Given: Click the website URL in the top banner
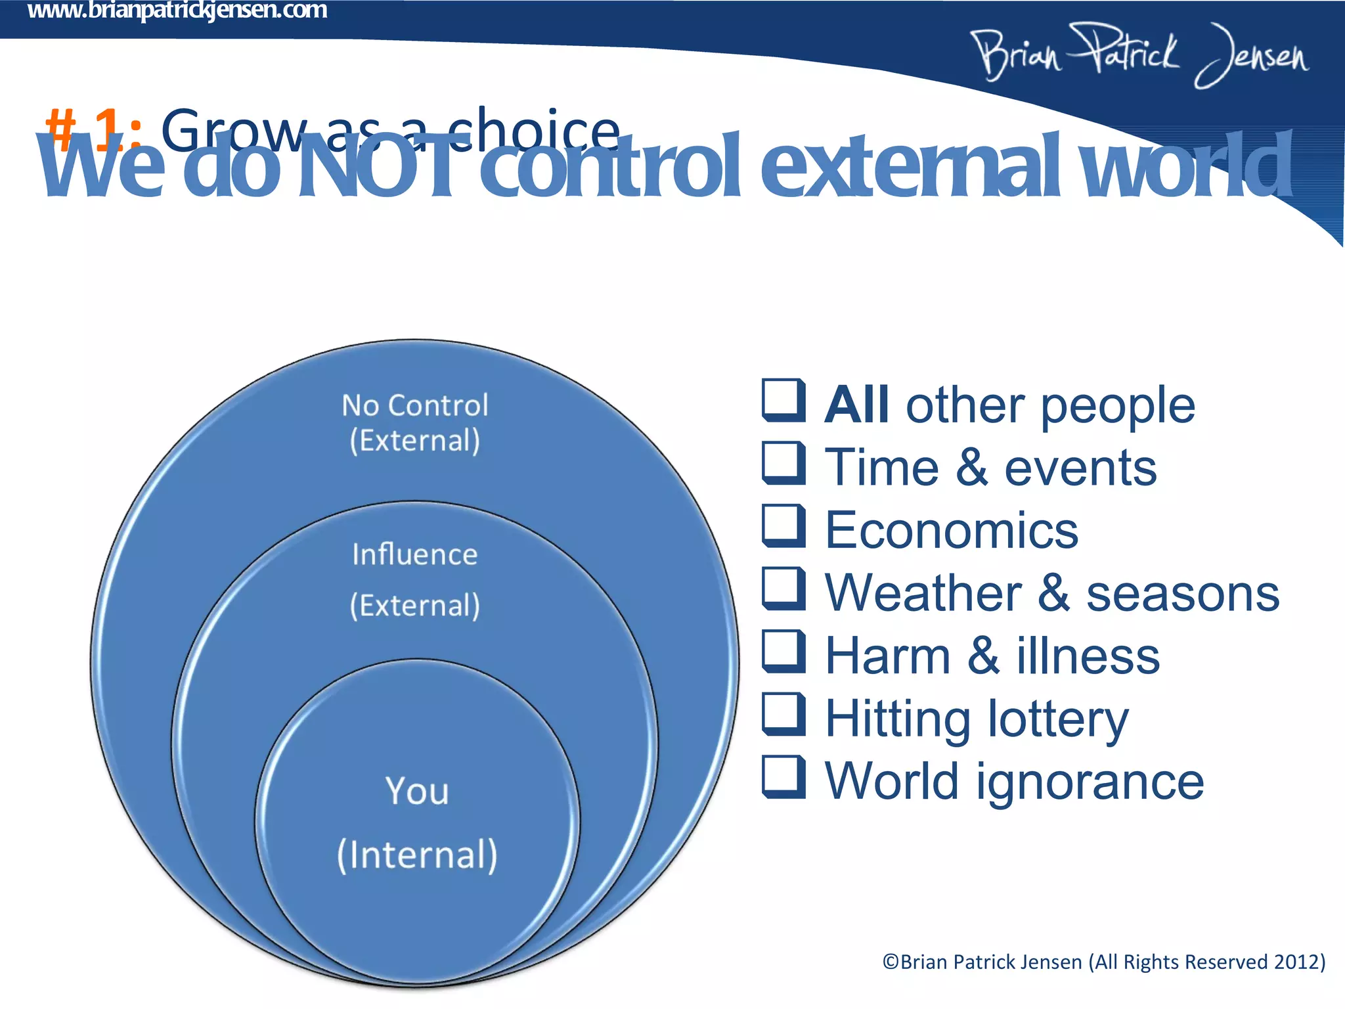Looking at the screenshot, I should point(177,11).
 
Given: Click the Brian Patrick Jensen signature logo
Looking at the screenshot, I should point(1139,55).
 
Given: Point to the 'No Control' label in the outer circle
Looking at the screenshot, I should point(415,405).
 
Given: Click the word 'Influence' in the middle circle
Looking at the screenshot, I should point(414,555).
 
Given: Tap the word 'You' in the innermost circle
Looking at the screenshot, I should point(417,791).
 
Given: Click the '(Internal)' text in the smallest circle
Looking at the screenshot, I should point(417,855).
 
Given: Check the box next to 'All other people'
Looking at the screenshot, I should point(783,400).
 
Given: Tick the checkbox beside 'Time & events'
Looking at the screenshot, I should point(783,463).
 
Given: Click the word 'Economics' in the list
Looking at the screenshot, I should point(951,530).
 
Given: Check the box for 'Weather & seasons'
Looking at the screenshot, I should point(783,589).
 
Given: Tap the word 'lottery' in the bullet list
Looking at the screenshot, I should point(1058,719).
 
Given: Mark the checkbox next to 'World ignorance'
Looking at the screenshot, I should point(783,776).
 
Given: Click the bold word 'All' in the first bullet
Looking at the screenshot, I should point(857,405).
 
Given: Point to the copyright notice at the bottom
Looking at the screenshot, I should point(1103,962).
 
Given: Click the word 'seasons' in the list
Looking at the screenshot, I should point(1182,593).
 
